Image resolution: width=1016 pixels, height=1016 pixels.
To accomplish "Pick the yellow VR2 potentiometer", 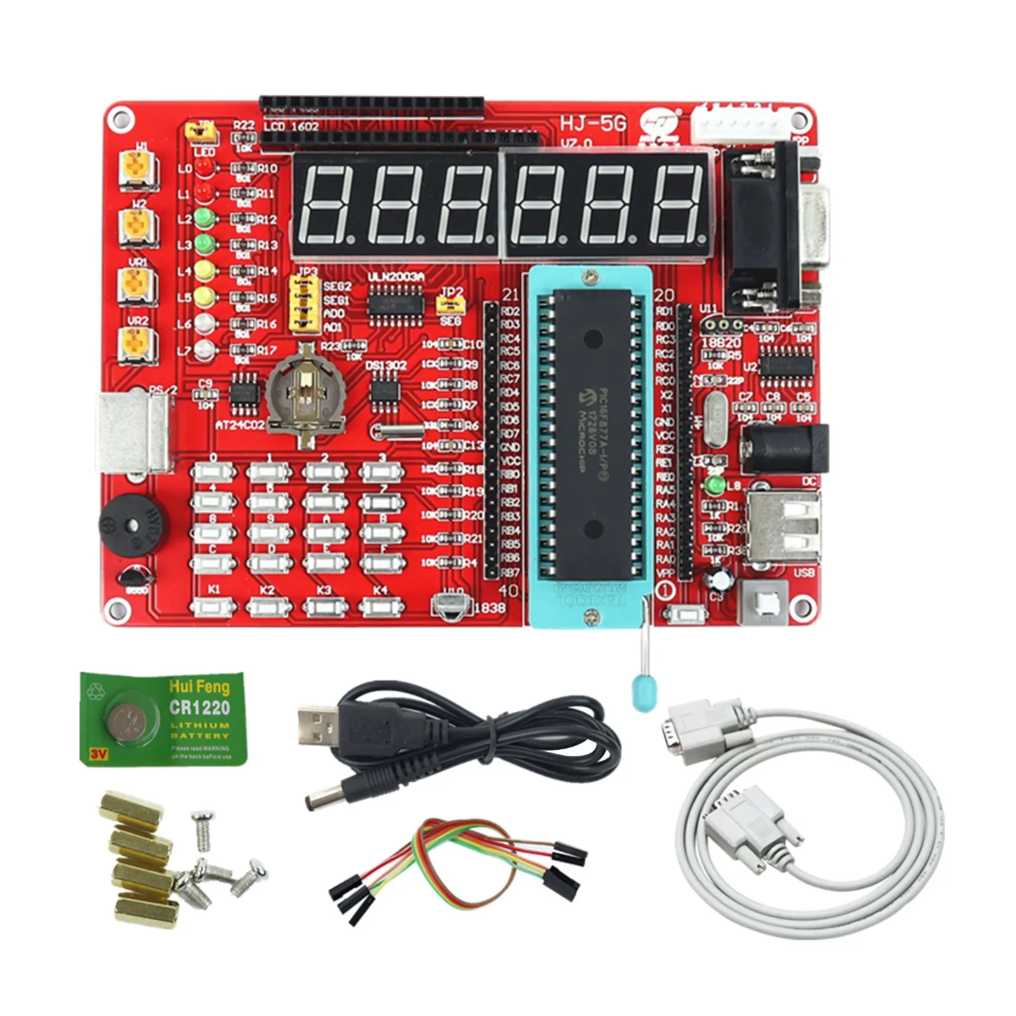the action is tap(138, 344).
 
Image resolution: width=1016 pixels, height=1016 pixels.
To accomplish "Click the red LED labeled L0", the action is tap(203, 168).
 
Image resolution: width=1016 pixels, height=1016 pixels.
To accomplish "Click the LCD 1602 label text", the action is tap(290, 126).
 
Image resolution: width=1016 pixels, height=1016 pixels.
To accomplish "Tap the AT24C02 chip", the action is tap(244, 391).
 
